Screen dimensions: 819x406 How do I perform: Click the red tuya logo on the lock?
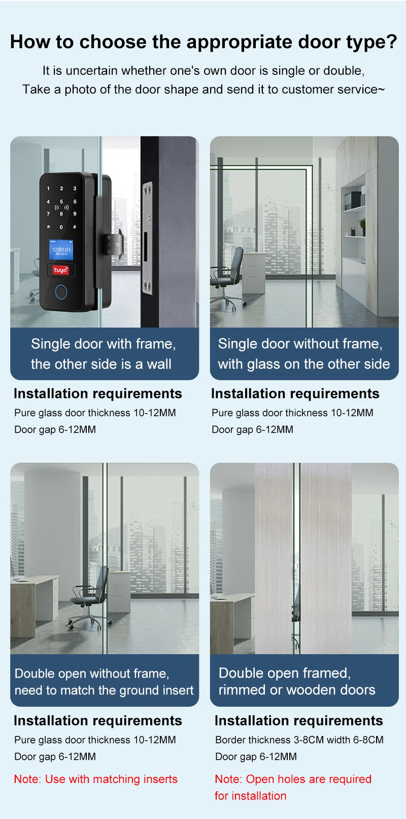coord(60,270)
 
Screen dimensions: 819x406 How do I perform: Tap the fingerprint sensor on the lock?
coord(60,293)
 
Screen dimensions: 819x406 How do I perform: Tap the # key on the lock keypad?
coord(75,227)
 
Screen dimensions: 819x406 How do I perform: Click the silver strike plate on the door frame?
coord(148,238)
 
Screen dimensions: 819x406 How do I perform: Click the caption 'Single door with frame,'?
coord(103,344)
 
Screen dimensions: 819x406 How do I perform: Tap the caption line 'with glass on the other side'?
coord(303,364)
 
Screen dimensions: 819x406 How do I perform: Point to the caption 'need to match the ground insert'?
coord(104,690)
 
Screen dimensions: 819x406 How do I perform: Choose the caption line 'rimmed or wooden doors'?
coord(297,690)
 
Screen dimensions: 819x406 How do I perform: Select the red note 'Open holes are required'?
coord(293,779)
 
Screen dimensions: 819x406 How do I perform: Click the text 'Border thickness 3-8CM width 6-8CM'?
coord(299,740)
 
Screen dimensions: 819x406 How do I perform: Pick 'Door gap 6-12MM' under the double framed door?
coord(256,757)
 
